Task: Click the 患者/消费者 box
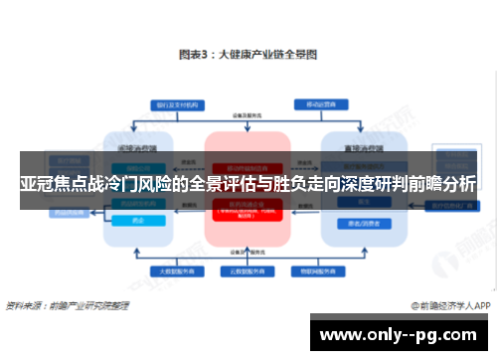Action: [x=355, y=222]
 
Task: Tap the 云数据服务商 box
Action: [x=248, y=270]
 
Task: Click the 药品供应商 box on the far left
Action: [x=68, y=211]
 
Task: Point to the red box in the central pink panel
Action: [x=248, y=210]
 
